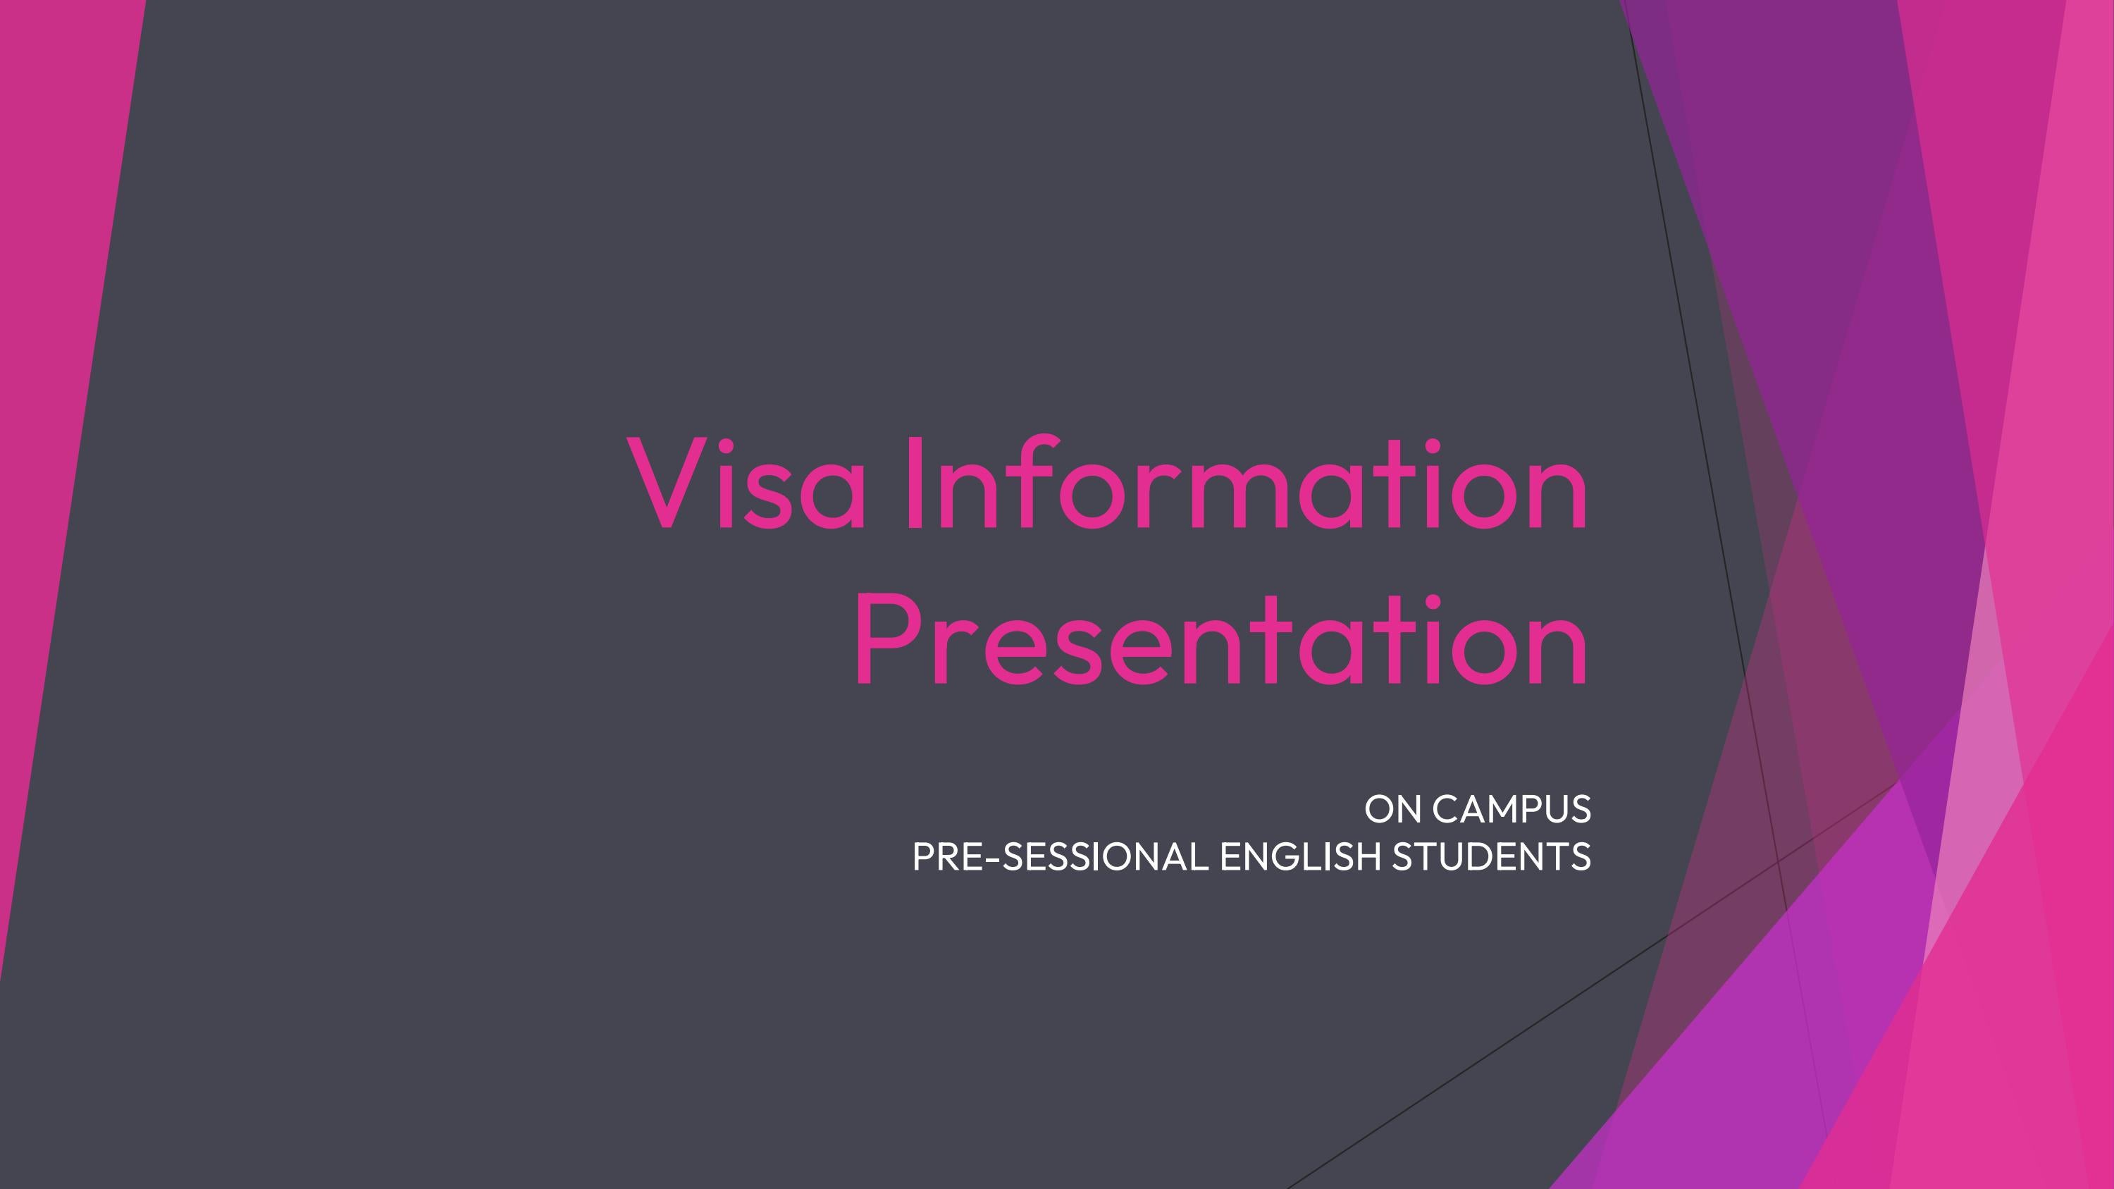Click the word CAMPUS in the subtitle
(x=1512, y=809)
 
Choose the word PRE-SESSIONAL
(x=1061, y=856)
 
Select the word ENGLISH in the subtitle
(x=1301, y=856)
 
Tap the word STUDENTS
(x=1491, y=856)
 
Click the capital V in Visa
(x=667, y=483)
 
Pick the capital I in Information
(x=909, y=483)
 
